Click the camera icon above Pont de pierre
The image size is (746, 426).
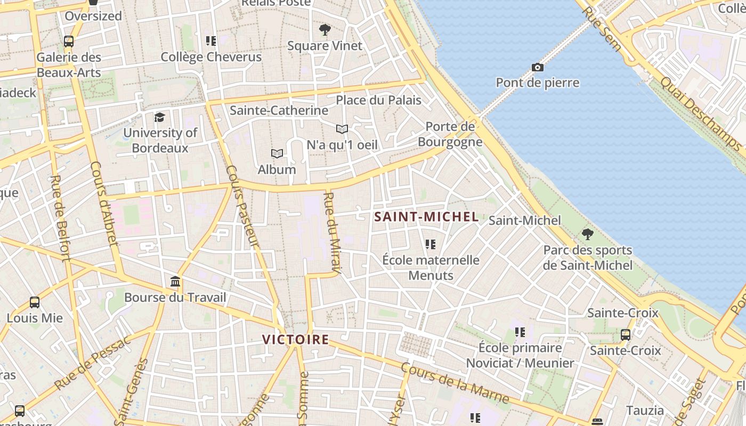[x=538, y=67]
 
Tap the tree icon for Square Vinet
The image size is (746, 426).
[x=325, y=29]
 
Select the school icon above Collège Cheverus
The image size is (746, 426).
[x=211, y=40]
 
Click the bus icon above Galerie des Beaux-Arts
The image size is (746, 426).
[x=69, y=41]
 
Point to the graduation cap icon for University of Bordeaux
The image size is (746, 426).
[x=159, y=117]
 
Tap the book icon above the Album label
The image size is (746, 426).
[x=277, y=154]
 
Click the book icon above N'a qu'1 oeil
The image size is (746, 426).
[x=342, y=129]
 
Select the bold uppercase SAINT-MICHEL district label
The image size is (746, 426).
[x=426, y=217]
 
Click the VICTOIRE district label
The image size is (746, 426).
[x=295, y=339]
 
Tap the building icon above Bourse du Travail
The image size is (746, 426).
[x=175, y=281]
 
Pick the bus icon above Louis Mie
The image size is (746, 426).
[x=35, y=302]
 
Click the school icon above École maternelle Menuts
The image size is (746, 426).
[x=431, y=244]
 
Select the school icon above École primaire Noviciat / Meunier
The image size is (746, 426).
[x=520, y=332]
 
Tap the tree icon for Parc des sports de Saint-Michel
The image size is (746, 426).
[x=588, y=234]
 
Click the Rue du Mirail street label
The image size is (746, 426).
[x=331, y=233]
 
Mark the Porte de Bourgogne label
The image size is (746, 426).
[x=450, y=134]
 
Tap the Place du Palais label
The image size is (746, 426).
[x=378, y=100]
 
